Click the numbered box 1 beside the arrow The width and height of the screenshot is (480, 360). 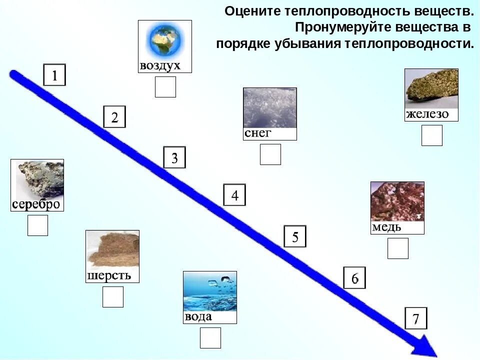click(54, 75)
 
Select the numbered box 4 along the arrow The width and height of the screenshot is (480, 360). click(234, 195)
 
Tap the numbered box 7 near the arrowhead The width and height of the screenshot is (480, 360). click(416, 318)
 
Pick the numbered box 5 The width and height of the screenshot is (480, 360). click(295, 236)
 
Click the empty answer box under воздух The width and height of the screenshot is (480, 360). click(165, 87)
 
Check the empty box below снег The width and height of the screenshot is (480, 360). click(270, 154)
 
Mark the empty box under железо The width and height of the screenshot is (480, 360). click(431, 135)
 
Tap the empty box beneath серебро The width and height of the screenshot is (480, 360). click(37, 225)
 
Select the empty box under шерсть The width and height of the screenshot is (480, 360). click(112, 297)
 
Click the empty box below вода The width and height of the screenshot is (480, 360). click(210, 338)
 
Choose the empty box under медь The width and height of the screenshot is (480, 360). click(397, 248)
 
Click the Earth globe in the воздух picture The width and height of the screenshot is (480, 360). click(164, 41)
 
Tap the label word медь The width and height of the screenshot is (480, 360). click(386, 227)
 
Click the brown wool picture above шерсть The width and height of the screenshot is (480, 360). click(112, 250)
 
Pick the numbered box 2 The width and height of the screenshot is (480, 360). click(114, 117)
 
